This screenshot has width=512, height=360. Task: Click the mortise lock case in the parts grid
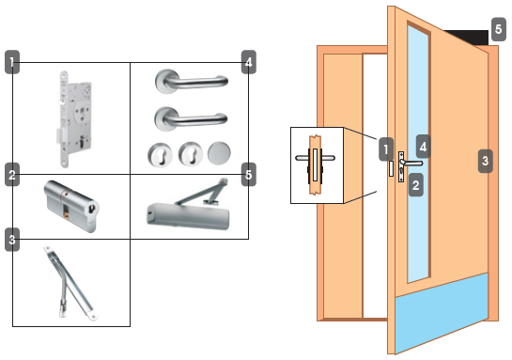tap(72, 119)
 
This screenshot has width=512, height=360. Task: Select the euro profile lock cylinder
tap(71, 206)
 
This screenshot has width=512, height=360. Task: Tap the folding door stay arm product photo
tap(70, 283)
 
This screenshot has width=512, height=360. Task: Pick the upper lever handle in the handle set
tap(192, 81)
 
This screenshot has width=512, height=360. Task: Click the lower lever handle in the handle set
tap(191, 118)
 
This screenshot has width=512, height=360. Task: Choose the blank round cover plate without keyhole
tap(219, 153)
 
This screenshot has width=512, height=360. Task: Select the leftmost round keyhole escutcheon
tap(160, 154)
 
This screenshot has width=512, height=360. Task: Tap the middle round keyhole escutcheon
tap(190, 153)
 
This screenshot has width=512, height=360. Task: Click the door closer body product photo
tap(188, 205)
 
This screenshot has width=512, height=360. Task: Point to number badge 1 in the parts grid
tap(12, 62)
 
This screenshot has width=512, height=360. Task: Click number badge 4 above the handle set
tap(249, 62)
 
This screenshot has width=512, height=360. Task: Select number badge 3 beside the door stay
tap(12, 240)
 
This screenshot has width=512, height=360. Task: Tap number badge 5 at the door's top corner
tap(498, 29)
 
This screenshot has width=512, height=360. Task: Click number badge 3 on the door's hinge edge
tap(485, 161)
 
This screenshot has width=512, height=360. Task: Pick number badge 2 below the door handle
tap(415, 185)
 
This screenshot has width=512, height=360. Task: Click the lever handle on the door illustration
tap(411, 163)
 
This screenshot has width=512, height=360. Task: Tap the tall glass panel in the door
tap(418, 153)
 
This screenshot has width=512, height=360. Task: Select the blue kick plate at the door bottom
tap(442, 313)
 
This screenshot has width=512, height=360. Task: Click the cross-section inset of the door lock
tap(317, 165)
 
